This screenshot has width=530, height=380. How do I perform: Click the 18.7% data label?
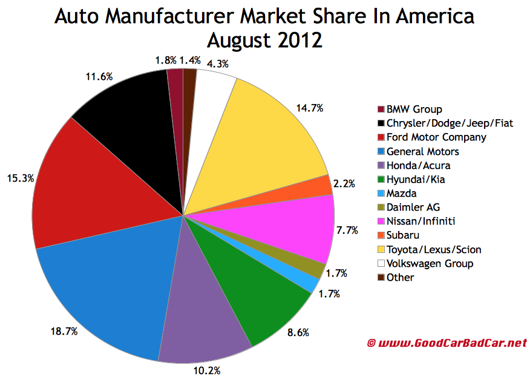pos(63,332)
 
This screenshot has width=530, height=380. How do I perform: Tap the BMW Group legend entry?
pos(414,110)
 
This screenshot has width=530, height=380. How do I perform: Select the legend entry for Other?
pos(401,277)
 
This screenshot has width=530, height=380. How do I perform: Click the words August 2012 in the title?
pos(264,41)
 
